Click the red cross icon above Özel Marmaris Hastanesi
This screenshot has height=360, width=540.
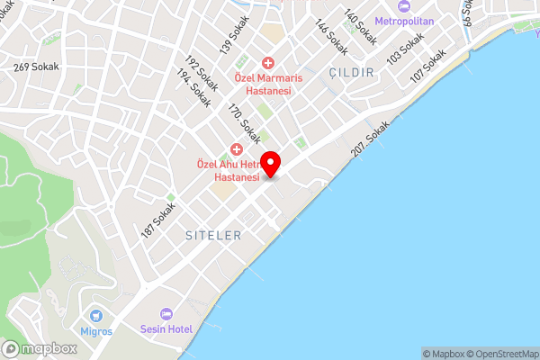(x=267, y=62)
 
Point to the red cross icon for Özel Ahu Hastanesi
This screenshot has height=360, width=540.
(x=237, y=148)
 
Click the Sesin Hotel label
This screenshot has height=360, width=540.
(x=166, y=330)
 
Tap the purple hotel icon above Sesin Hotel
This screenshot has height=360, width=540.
(x=166, y=314)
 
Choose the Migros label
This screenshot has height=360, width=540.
(x=97, y=331)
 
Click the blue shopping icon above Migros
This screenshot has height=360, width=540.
(x=97, y=315)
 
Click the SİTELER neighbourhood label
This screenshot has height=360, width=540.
(x=213, y=236)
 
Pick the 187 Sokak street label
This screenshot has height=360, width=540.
(x=157, y=221)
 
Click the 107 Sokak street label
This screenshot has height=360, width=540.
(x=427, y=67)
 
